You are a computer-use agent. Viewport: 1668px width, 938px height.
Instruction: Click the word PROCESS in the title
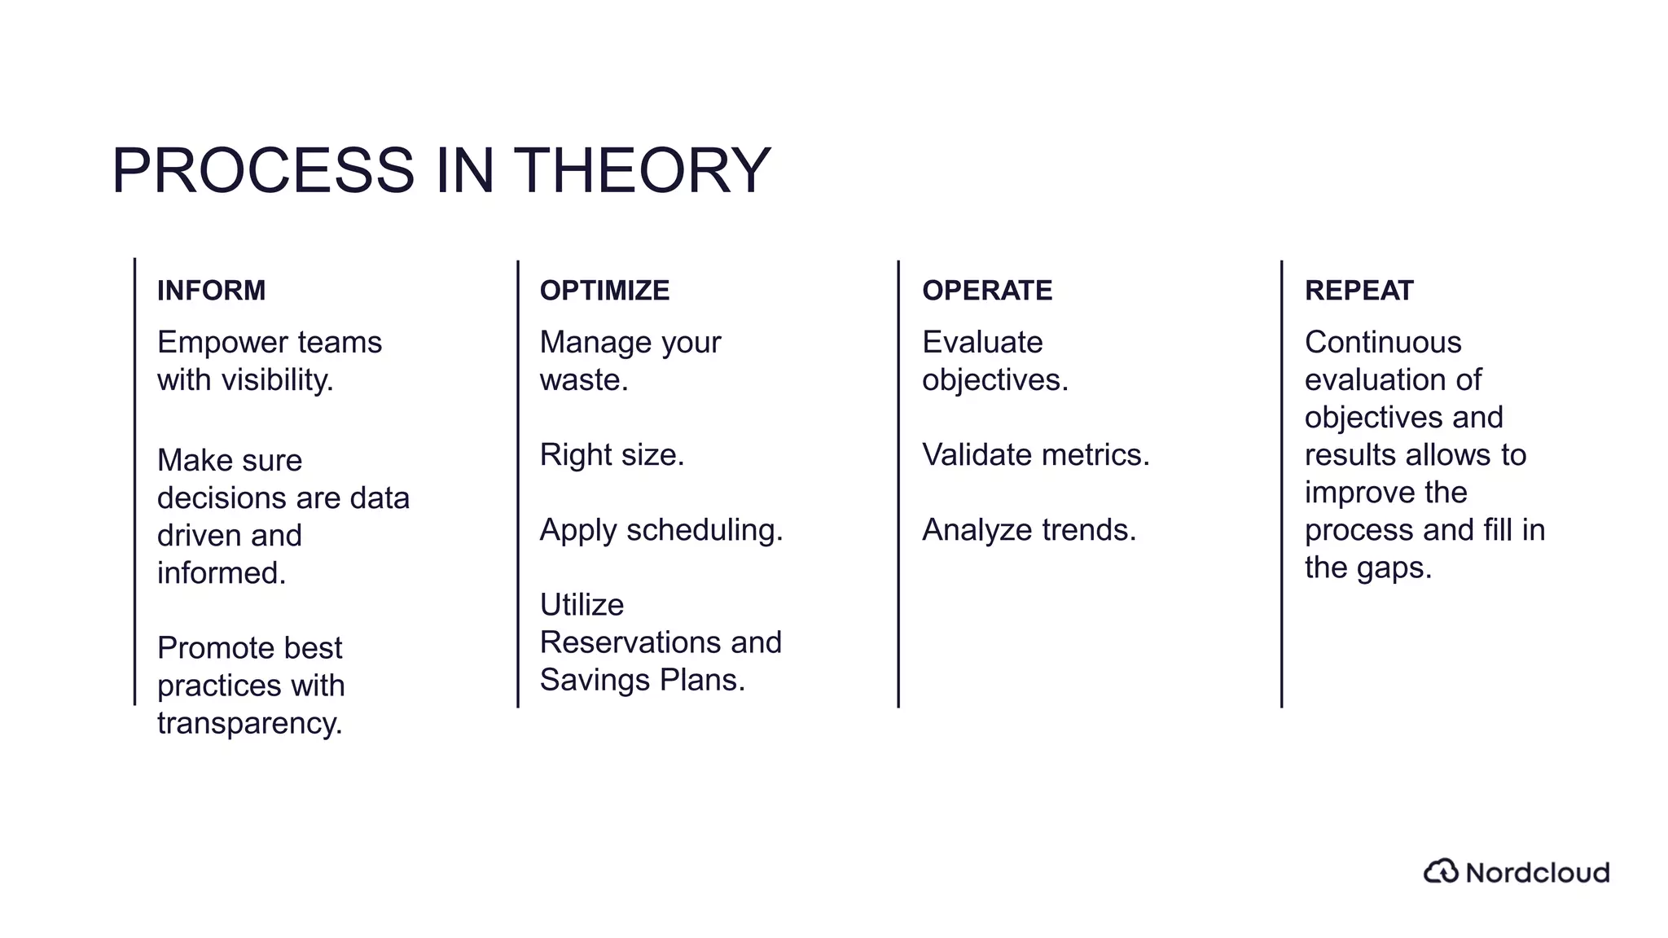click(263, 171)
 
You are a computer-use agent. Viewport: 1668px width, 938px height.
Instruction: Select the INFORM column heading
click(211, 291)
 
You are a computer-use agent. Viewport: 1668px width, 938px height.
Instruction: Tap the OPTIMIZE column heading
click(604, 291)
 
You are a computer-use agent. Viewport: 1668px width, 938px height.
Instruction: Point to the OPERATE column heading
click(987, 291)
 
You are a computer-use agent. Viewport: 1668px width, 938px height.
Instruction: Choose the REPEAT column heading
click(1359, 291)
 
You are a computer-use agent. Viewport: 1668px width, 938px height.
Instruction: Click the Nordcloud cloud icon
click(1441, 871)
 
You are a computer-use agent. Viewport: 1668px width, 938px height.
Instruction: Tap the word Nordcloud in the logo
click(1538, 873)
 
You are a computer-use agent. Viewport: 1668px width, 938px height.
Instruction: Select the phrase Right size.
click(612, 455)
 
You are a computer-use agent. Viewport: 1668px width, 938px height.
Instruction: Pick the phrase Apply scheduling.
click(661, 530)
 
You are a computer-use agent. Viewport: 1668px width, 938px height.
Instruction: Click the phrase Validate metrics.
click(1036, 455)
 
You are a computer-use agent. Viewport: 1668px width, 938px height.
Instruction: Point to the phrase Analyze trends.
click(1029, 530)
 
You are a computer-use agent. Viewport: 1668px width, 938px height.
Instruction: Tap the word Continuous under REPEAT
click(1383, 343)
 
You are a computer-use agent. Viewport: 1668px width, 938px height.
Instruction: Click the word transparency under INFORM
click(249, 724)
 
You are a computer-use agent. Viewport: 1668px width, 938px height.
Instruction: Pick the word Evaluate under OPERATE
click(982, 343)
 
